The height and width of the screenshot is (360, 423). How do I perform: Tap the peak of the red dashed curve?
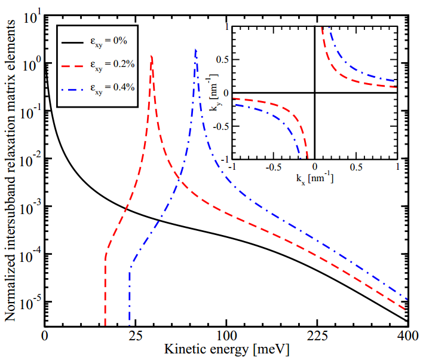(152, 56)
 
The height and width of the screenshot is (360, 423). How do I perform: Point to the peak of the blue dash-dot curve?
(196, 50)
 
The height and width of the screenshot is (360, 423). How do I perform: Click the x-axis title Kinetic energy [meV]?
(226, 349)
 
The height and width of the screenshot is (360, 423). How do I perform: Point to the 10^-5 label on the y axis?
(28, 302)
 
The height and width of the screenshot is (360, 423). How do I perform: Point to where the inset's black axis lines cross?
(315, 92)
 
